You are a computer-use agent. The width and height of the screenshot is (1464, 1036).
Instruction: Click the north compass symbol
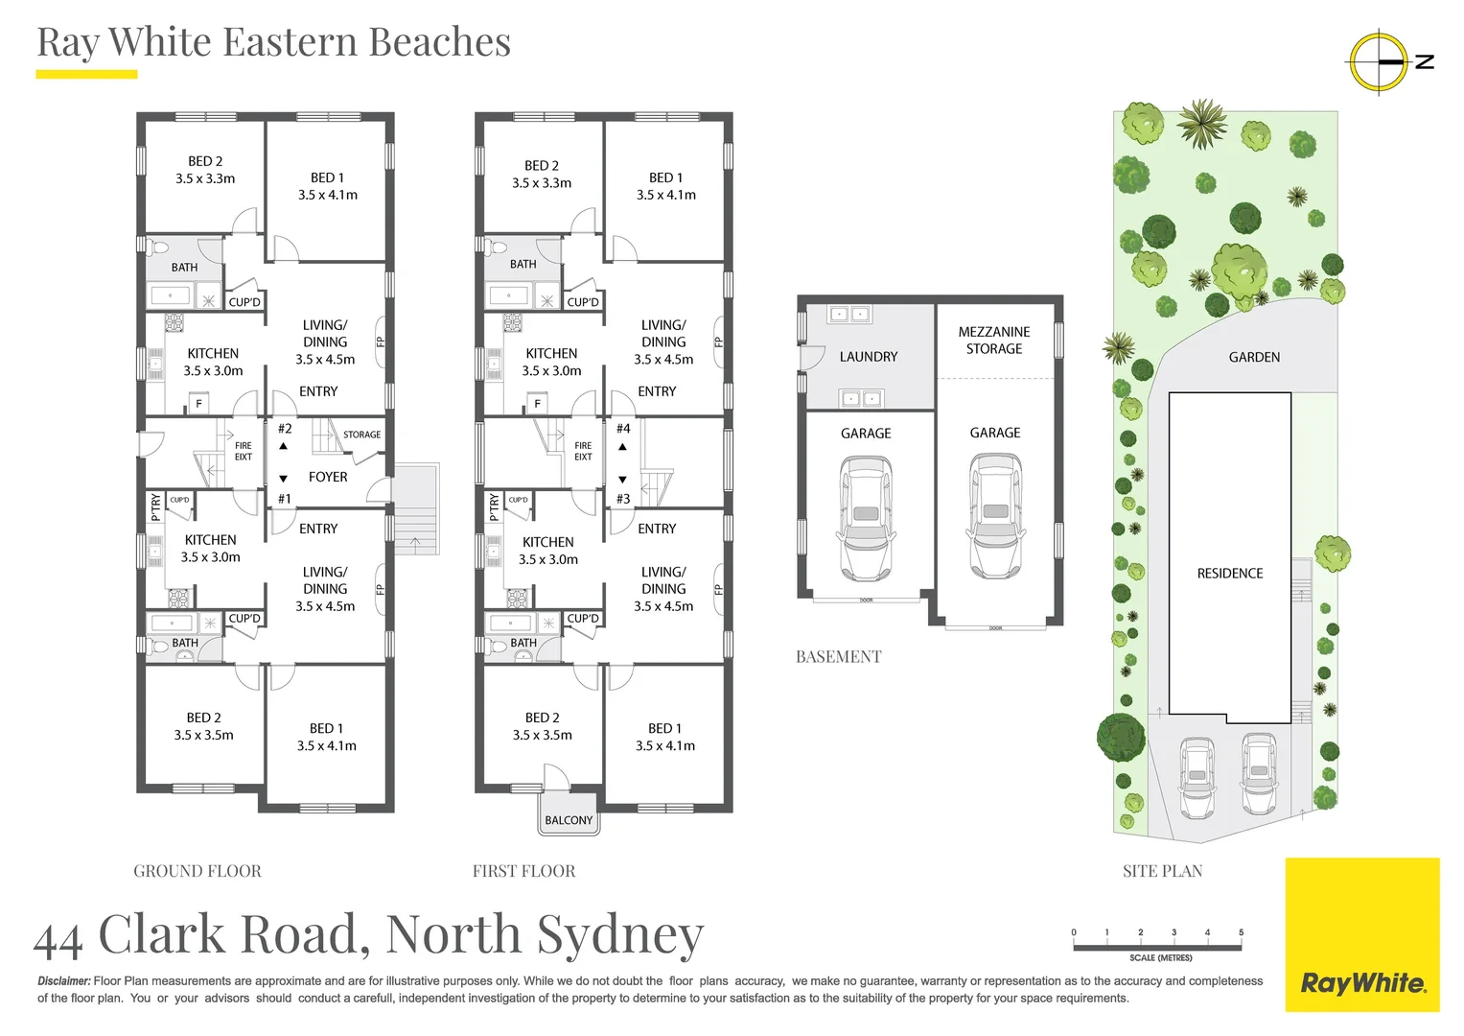point(1380,61)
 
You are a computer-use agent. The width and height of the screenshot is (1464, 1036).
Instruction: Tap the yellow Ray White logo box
point(1362,934)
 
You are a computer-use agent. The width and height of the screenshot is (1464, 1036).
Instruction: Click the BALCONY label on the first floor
point(569,820)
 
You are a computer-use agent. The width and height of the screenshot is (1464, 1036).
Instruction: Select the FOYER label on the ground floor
point(328,477)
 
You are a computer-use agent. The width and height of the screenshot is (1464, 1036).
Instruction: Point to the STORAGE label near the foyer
point(361,435)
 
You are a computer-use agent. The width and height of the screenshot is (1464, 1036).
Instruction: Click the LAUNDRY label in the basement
point(869,357)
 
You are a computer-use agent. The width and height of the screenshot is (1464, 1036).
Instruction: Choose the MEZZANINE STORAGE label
point(994,341)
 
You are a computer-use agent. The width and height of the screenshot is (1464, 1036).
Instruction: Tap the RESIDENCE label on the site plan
point(1230,574)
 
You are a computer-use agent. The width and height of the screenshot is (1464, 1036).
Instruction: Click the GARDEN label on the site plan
point(1254,357)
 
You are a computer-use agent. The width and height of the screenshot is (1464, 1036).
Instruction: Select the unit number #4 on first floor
point(623,429)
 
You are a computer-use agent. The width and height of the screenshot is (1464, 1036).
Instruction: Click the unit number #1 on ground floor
point(285,499)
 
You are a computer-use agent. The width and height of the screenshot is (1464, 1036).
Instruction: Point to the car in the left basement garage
point(866,518)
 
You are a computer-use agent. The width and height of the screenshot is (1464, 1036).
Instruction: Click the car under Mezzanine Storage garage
point(995,515)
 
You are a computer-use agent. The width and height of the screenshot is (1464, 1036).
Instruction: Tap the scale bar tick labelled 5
point(1241,932)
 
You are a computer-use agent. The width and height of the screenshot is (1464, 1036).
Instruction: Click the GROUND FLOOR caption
point(198,871)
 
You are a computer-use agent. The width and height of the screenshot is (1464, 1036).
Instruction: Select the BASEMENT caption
point(838,657)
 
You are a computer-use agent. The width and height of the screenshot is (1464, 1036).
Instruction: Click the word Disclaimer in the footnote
point(64,981)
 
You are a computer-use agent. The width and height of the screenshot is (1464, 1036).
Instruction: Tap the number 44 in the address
point(58,938)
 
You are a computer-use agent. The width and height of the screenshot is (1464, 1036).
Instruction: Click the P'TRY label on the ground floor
point(155,506)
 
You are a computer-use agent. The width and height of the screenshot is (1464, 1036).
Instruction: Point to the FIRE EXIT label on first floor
point(583,451)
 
